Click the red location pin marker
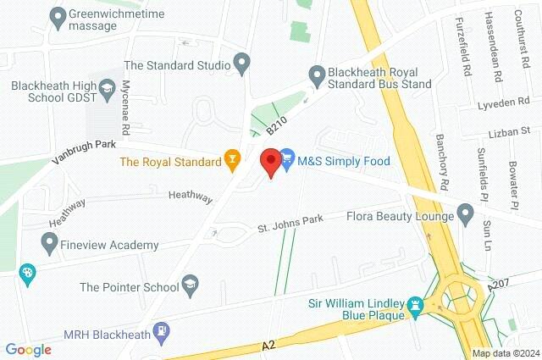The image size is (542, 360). click(270, 161)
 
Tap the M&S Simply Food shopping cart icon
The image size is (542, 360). click(287, 158)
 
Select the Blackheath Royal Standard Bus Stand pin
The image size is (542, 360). click(317, 75)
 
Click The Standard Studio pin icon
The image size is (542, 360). click(241, 64)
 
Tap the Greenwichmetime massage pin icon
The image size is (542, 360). click(58, 15)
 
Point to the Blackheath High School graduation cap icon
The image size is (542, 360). click(108, 86)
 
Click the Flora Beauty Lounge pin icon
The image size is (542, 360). click(465, 213)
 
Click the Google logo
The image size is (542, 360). click(28, 349)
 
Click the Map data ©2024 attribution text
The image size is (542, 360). click(505, 352)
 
